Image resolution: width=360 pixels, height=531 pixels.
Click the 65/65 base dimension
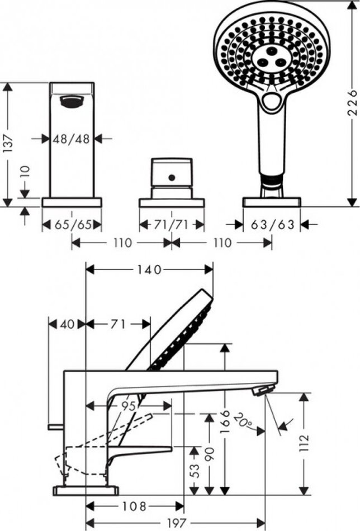point(72,225)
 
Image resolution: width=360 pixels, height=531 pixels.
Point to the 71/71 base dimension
point(171,225)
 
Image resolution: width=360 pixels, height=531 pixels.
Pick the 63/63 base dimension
point(273,225)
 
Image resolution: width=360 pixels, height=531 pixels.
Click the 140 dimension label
point(149,269)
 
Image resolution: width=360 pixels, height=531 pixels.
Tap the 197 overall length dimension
point(177,523)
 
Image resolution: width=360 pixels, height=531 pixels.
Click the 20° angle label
point(244,419)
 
